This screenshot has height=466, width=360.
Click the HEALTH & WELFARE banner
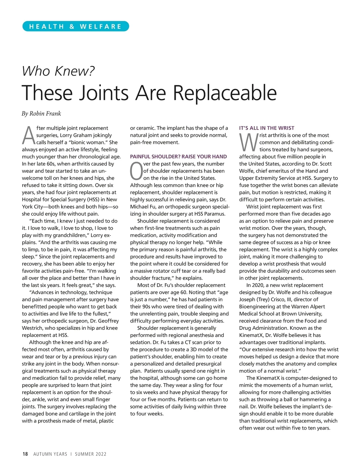pyautogui.click(x=76, y=26)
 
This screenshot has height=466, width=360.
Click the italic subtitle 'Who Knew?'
pyautogui.click(x=58, y=71)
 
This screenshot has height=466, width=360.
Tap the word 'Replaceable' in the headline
pyautogui.click(x=225, y=93)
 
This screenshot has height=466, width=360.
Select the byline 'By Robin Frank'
pyautogui.click(x=41, y=114)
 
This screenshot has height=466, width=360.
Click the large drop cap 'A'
pyautogui.click(x=29, y=135)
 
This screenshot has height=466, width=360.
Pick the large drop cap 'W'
pyautogui.click(x=249, y=143)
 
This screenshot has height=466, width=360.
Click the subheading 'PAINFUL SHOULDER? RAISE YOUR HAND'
pyautogui.click(x=178, y=157)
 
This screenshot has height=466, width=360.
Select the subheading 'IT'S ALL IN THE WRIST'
pyautogui.click(x=267, y=128)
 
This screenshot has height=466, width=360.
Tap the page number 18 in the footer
pyautogui.click(x=25, y=454)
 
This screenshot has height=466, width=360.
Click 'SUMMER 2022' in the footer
pyautogui.click(x=91, y=454)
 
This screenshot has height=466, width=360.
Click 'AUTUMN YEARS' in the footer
pyautogui.click(x=50, y=454)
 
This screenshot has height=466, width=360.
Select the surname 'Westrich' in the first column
pyautogui.click(x=33, y=328)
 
